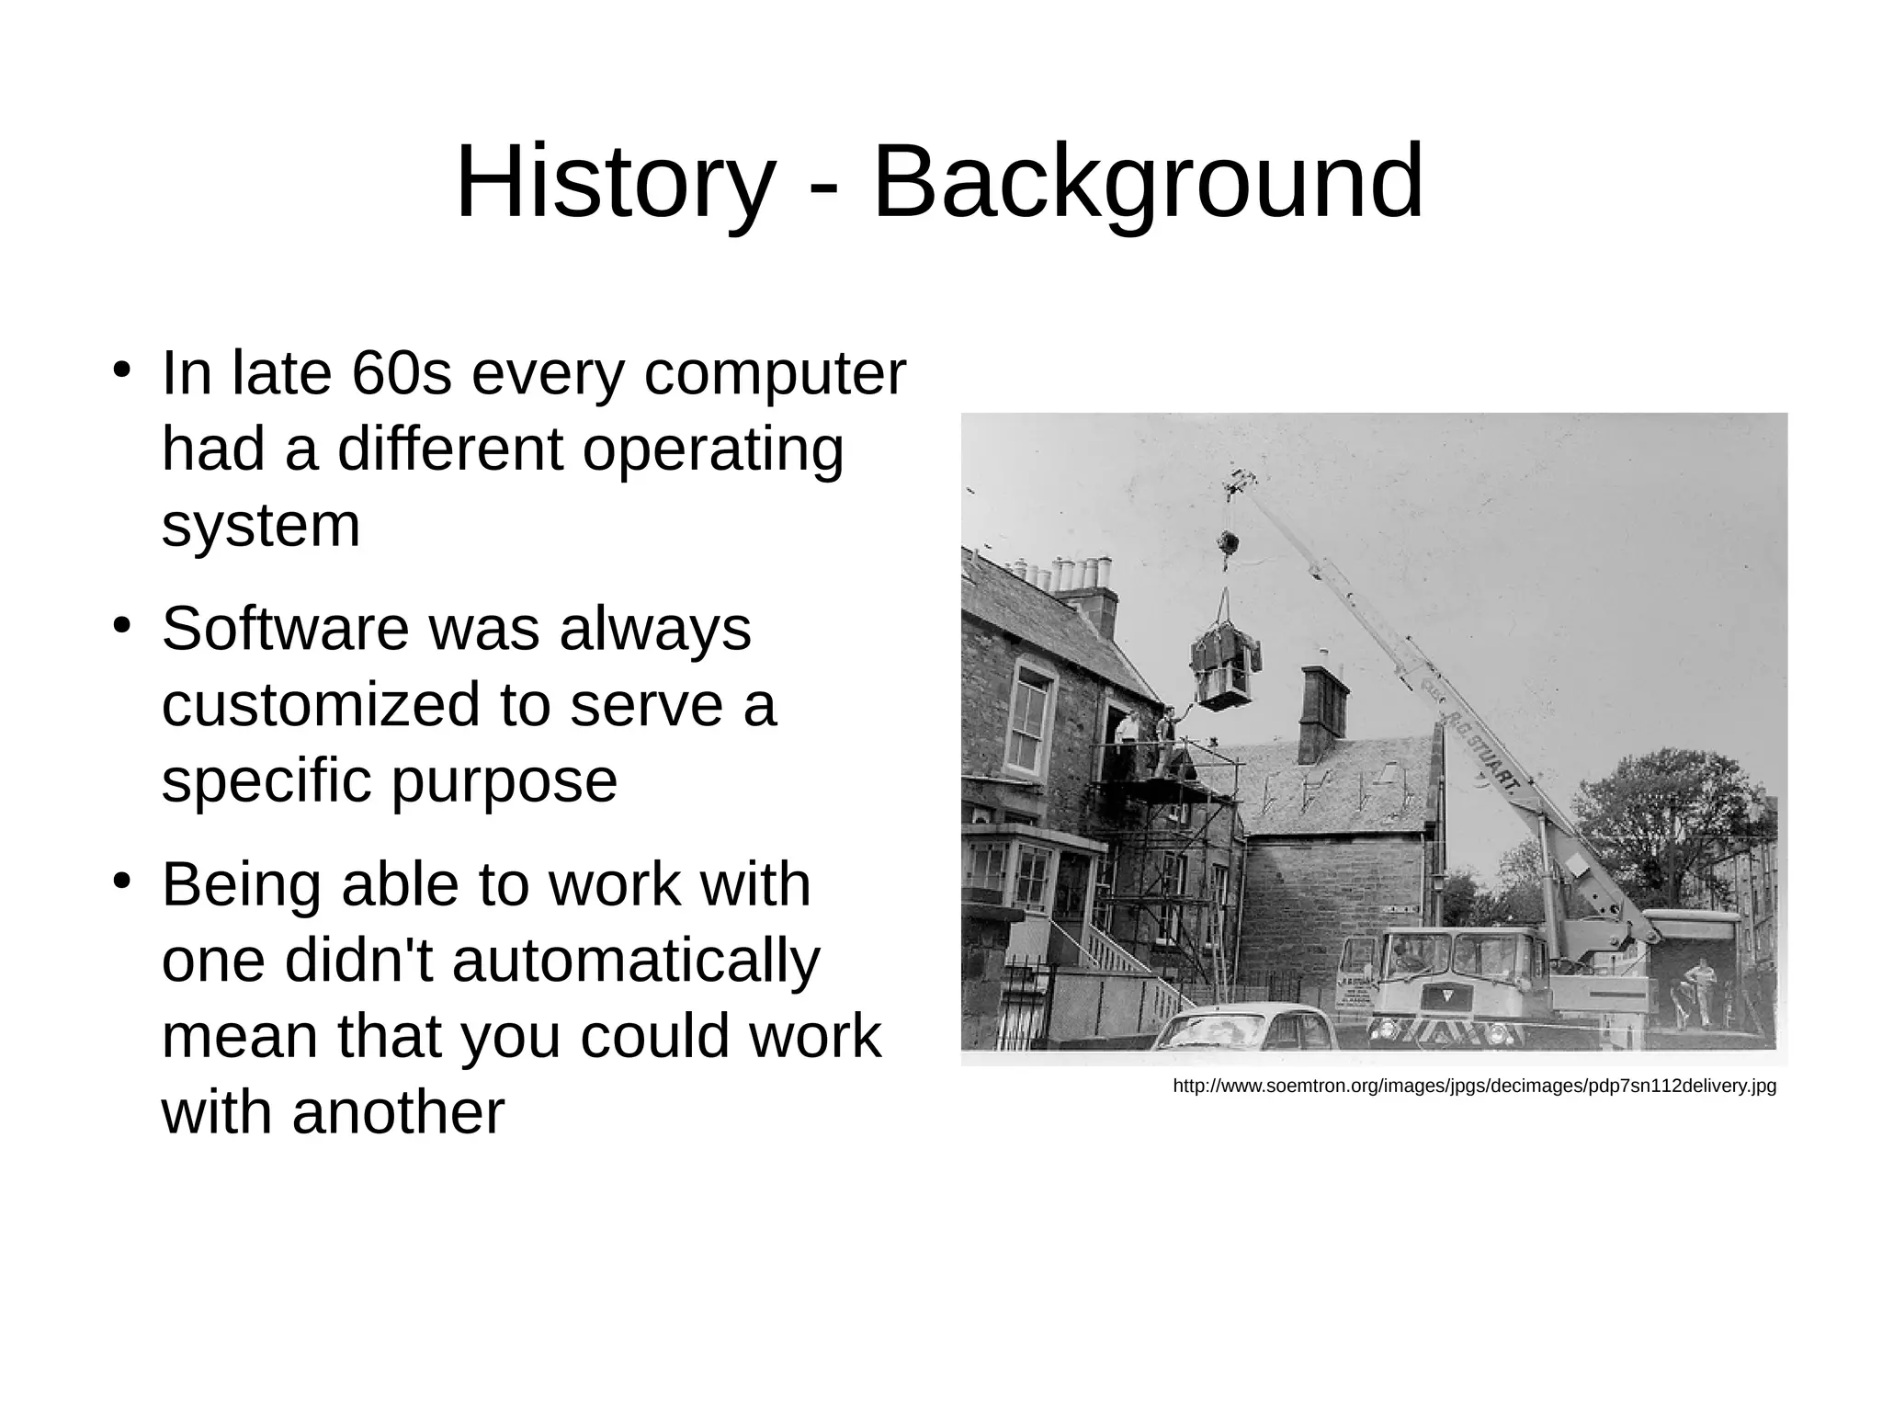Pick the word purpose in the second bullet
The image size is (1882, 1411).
point(504,780)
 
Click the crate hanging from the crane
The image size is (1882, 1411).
point(1225,670)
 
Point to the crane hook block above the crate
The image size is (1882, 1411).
point(1225,543)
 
